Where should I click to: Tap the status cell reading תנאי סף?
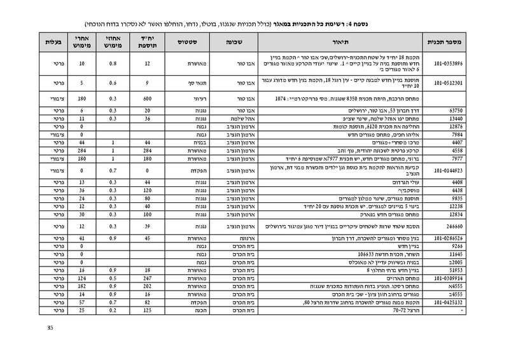click(180, 83)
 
